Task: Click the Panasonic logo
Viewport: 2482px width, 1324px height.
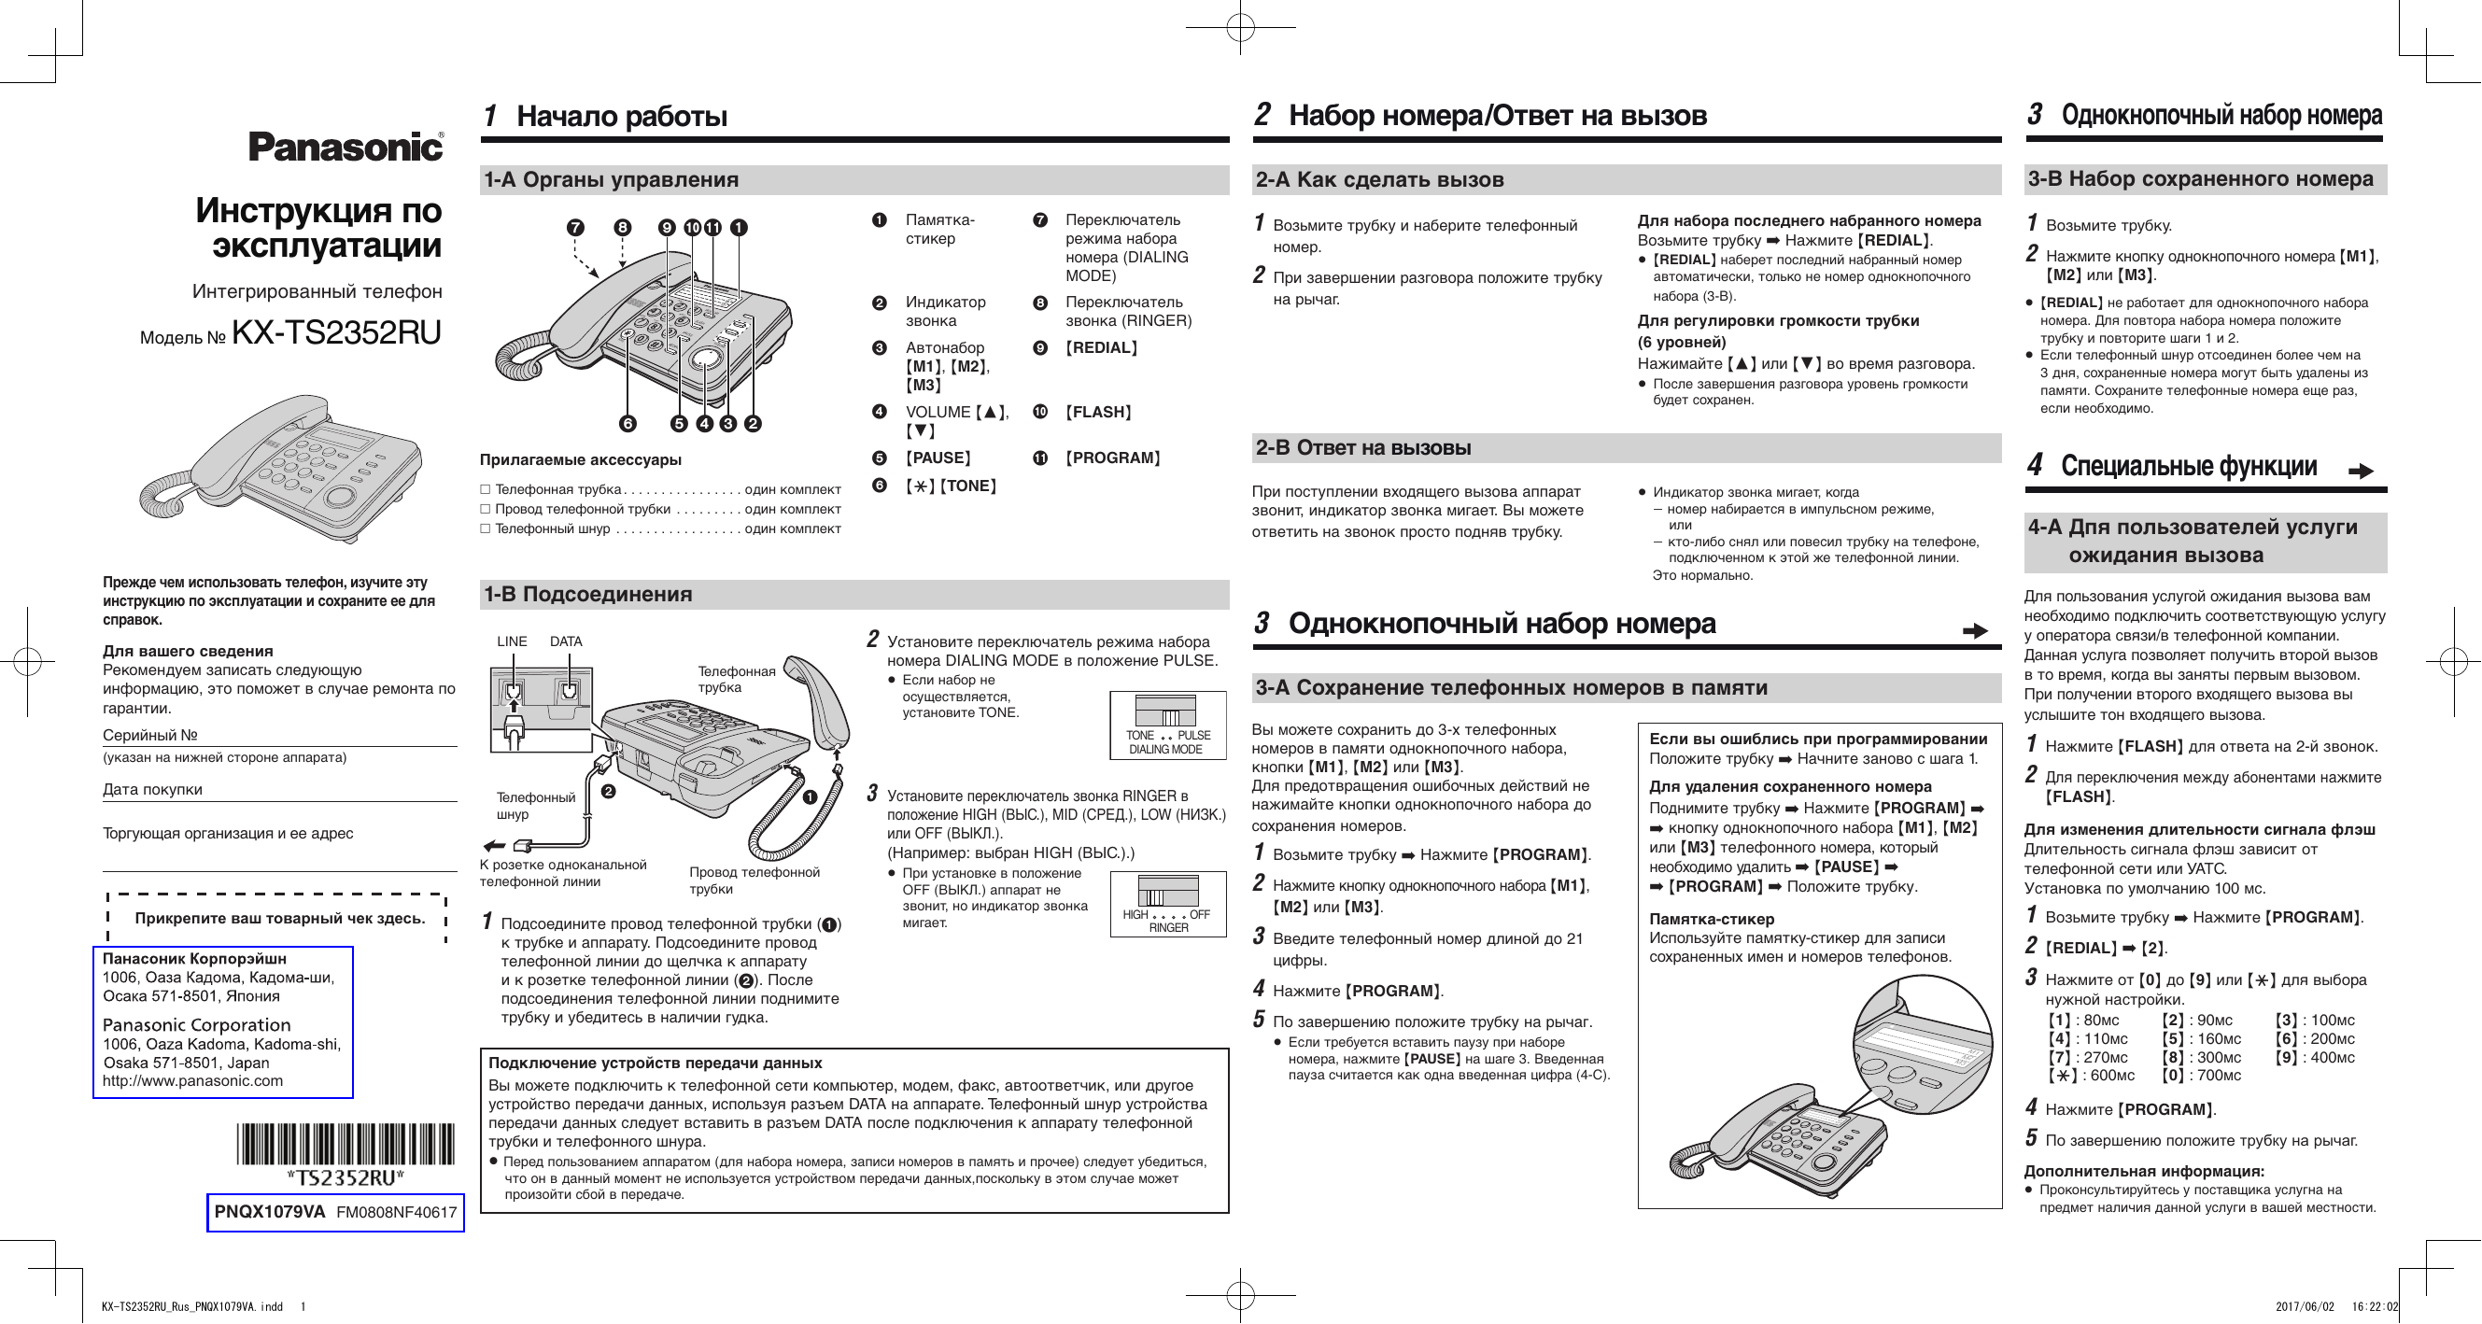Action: point(346,147)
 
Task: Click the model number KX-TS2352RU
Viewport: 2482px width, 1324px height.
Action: point(336,332)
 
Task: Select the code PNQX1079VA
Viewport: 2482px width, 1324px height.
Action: point(270,1212)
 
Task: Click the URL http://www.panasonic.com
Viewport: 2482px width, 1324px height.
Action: point(192,1080)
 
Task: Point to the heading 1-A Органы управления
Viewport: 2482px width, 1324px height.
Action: point(611,180)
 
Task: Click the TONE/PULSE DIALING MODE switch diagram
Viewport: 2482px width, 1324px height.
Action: point(1167,725)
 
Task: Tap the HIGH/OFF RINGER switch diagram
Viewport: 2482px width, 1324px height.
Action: point(1167,903)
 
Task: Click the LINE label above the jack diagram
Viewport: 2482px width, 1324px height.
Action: point(512,641)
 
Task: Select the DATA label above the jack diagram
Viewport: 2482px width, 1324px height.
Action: point(566,641)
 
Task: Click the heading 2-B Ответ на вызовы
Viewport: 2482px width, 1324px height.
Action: point(1362,448)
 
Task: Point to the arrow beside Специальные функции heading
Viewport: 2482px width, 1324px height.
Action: point(2360,472)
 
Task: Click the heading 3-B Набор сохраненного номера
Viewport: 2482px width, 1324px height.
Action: point(2200,179)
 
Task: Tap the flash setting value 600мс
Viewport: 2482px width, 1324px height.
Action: point(2112,1076)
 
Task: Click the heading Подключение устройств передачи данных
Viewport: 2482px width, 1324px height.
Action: point(656,1063)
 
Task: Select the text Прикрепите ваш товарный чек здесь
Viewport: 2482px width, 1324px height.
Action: point(279,919)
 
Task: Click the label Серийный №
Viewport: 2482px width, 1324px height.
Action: point(150,735)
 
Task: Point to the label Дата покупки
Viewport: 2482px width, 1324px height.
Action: point(152,789)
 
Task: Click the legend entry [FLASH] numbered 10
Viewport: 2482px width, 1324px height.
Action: point(1098,413)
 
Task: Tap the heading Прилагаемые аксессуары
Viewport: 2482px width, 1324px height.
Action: point(580,459)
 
